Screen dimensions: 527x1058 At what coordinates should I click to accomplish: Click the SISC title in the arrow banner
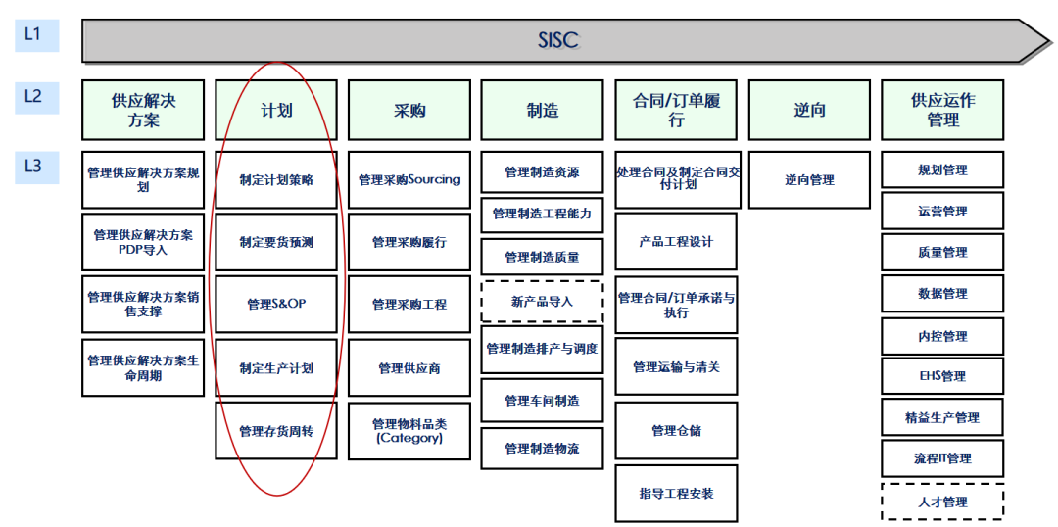tap(558, 40)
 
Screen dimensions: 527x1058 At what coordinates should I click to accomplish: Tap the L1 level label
tap(34, 34)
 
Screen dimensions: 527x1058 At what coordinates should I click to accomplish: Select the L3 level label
tap(34, 167)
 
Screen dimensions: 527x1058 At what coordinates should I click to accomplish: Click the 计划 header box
tap(276, 110)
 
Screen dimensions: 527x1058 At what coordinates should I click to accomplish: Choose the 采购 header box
tap(409, 110)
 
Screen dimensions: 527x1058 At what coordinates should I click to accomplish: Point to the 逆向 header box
tap(809, 110)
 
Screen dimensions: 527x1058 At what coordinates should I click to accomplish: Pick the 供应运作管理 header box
tap(942, 110)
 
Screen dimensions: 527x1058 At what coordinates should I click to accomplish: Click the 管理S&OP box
tap(276, 305)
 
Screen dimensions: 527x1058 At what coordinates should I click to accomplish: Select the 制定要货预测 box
tap(276, 242)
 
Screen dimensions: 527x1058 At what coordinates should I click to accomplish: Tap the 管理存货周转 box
tap(276, 431)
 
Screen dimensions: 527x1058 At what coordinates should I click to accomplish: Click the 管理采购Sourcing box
tap(409, 180)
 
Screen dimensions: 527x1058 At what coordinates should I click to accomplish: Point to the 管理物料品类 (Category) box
tap(409, 431)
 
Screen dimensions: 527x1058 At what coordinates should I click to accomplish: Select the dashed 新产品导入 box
tap(542, 302)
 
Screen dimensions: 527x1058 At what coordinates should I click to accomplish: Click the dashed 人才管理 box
tap(942, 502)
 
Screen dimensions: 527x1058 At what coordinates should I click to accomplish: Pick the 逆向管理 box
tap(809, 180)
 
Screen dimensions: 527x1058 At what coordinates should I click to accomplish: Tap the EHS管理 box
tap(942, 376)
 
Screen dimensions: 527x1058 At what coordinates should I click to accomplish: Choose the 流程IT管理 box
tap(942, 458)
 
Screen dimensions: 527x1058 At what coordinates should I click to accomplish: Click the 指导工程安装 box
tap(676, 494)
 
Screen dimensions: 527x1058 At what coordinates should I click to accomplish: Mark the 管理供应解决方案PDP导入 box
tap(143, 242)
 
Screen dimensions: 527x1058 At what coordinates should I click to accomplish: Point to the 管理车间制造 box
tap(542, 401)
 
